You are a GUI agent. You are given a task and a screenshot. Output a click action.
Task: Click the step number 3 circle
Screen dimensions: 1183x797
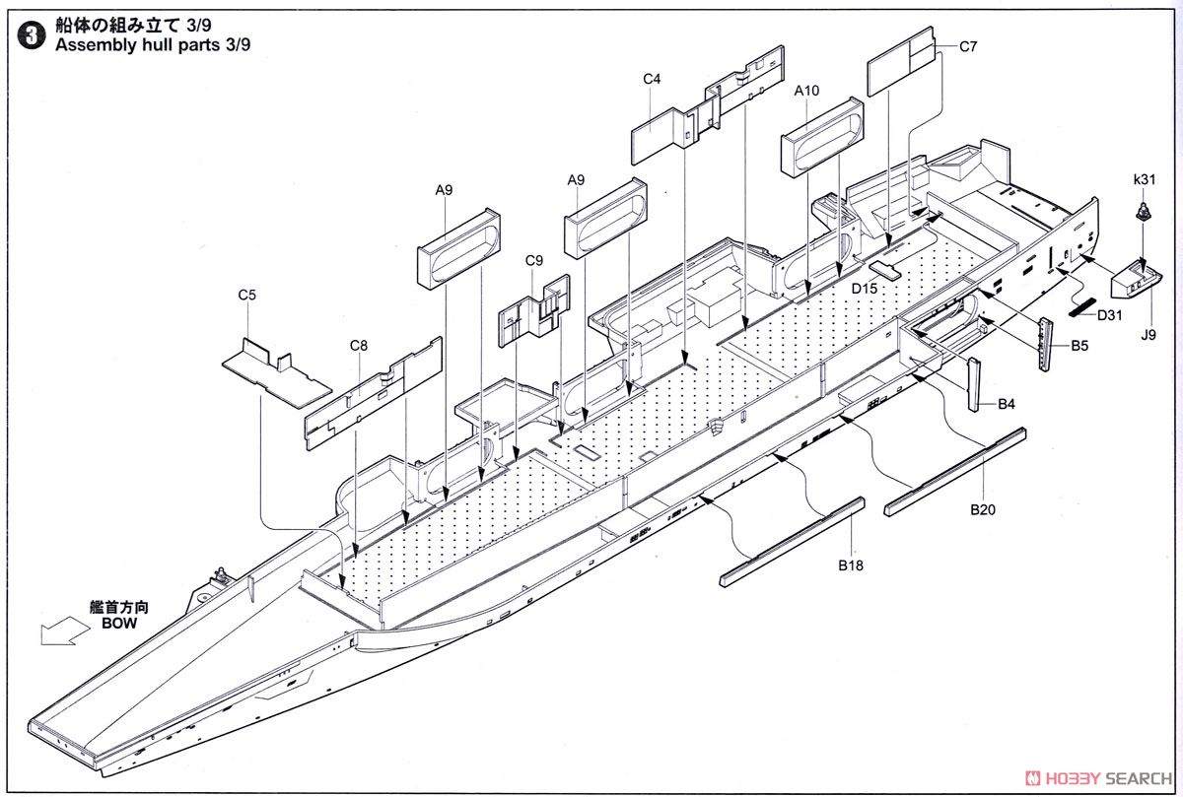(x=32, y=37)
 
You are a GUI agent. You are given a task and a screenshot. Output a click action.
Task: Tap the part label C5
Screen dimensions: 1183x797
(x=246, y=295)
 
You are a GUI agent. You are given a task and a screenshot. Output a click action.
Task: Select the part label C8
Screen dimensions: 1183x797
(x=359, y=346)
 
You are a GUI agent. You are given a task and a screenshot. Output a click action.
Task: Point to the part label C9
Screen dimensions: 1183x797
(x=534, y=261)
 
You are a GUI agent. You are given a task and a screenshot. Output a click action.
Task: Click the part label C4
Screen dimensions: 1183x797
(x=652, y=79)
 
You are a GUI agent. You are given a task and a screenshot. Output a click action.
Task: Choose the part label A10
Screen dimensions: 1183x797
(x=807, y=91)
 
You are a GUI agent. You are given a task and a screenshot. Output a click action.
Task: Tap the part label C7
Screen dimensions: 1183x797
(x=968, y=47)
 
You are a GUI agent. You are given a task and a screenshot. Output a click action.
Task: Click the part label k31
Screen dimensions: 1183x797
(x=1145, y=179)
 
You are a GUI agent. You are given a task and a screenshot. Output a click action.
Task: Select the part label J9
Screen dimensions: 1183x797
(x=1148, y=335)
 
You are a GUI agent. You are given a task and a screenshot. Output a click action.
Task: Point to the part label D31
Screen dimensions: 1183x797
(x=1110, y=315)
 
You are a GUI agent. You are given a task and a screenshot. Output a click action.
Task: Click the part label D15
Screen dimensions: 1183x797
(x=865, y=289)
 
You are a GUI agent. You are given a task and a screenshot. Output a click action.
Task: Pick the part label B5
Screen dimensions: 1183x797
(x=1079, y=346)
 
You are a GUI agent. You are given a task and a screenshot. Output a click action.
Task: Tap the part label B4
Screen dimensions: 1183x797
(x=1007, y=404)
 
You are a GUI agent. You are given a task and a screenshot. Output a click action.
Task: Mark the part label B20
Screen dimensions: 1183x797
(x=983, y=510)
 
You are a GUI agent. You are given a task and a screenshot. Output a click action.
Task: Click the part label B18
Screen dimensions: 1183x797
(x=851, y=565)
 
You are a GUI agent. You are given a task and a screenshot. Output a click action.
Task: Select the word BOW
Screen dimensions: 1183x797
(x=119, y=624)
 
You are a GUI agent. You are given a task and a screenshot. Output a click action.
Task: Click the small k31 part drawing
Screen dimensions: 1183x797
(x=1143, y=212)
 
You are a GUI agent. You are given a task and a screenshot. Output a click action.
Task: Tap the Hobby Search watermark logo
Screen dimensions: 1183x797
(x=1098, y=778)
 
